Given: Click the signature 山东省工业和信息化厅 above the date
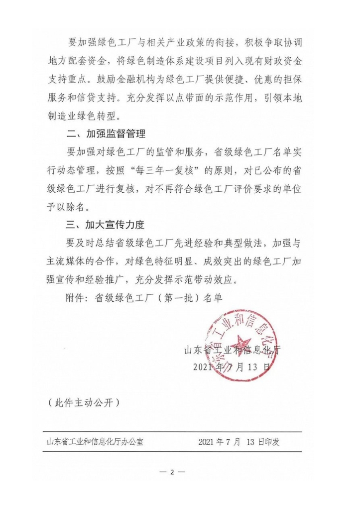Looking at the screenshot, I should (233, 349).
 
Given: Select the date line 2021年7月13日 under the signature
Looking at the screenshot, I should (232, 367).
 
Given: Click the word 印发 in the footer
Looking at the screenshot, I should (286, 442).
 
